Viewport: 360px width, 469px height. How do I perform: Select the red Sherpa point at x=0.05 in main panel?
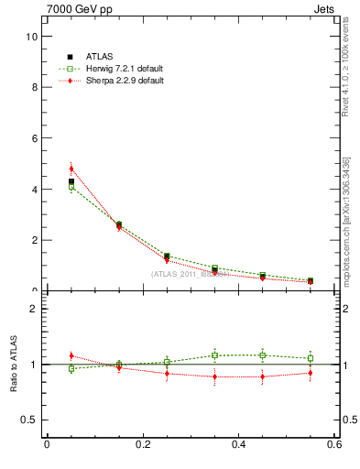click(x=71, y=169)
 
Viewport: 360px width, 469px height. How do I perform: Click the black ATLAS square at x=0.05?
click(x=71, y=181)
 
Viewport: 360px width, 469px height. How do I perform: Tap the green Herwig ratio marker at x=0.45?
click(x=263, y=355)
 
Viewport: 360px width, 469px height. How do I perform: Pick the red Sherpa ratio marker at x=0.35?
click(x=214, y=376)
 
